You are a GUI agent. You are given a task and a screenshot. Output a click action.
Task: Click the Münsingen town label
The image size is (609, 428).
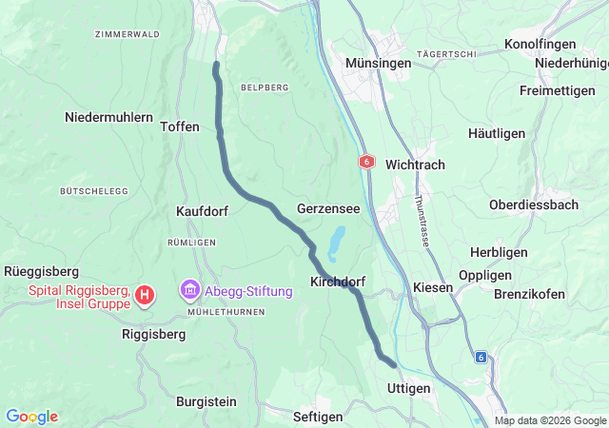[379, 63]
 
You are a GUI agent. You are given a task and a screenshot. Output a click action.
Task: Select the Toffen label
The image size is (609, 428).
[180, 126]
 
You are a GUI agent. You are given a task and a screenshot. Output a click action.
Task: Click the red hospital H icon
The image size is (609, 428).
[144, 296]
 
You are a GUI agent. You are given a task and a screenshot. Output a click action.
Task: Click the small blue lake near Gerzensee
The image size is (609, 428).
[336, 243]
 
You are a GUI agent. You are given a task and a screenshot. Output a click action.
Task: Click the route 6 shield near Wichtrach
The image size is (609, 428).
[365, 163]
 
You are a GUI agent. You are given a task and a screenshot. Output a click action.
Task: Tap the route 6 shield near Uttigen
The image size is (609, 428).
[481, 358]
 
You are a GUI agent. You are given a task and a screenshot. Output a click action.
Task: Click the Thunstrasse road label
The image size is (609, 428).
[421, 221]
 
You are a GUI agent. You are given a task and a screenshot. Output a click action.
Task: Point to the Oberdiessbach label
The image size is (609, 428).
[533, 204]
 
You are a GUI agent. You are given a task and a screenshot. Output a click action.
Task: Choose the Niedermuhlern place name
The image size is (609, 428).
[108, 117]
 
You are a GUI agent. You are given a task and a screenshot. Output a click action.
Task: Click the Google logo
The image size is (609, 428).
[31, 417]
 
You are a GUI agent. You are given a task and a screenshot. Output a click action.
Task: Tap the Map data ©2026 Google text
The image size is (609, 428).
[550, 420]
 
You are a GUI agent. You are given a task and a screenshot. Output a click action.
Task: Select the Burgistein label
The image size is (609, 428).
[206, 401]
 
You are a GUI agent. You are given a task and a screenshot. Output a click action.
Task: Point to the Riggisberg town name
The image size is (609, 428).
[156, 334]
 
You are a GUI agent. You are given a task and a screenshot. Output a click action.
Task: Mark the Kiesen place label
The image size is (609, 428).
[433, 287]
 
